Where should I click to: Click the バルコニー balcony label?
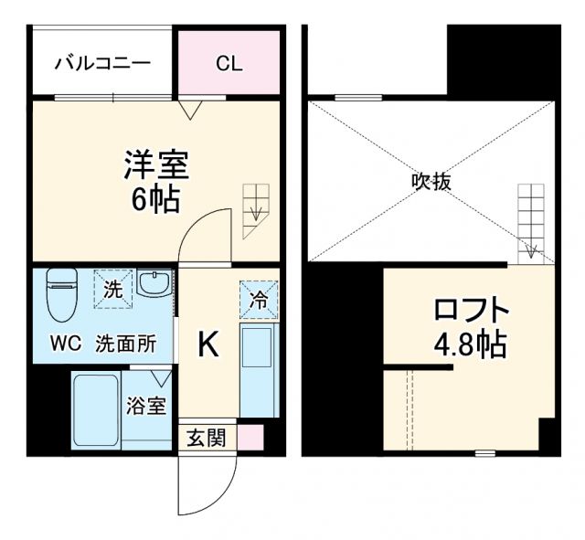tap(101, 63)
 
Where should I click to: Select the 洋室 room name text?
tap(156, 164)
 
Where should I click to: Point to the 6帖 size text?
tap(155, 198)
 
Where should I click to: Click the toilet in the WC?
tap(61, 294)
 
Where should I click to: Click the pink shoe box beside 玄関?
tap(250, 438)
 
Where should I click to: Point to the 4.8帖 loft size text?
tap(470, 344)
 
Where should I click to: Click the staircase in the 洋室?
tap(256, 210)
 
